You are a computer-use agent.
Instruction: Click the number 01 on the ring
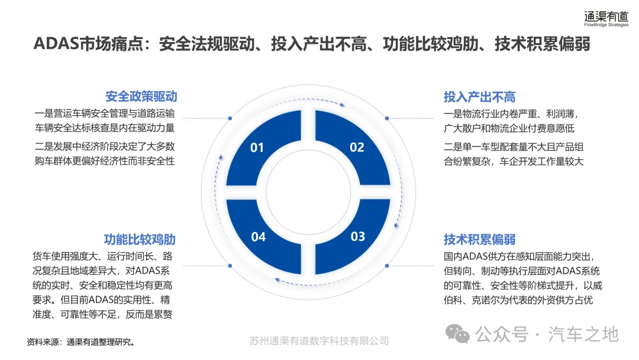(257, 147)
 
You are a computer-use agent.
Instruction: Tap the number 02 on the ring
(357, 147)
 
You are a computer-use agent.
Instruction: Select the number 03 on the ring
(358, 237)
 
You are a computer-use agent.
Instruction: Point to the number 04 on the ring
(258, 237)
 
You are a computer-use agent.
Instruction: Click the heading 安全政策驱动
(141, 97)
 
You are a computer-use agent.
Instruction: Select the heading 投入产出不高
(480, 97)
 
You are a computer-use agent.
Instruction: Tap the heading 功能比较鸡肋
(140, 240)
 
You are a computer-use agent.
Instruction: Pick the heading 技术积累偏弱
(480, 240)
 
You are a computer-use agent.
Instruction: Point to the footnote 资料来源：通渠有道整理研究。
(81, 342)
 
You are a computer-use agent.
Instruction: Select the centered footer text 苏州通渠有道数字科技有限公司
(319, 341)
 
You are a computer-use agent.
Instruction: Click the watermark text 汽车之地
(583, 334)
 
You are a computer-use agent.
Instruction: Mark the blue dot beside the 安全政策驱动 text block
(230, 118)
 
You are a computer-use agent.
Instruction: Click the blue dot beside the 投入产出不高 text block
(386, 118)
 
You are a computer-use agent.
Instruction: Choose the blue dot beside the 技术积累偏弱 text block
(386, 266)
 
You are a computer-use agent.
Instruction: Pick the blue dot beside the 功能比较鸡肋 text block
(230, 266)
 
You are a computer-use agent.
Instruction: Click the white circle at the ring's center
(308, 192)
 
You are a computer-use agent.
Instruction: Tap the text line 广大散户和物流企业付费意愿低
(509, 128)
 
